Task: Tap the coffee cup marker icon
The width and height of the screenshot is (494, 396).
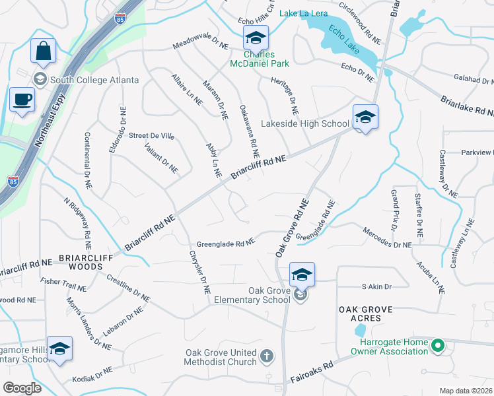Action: (x=21, y=101)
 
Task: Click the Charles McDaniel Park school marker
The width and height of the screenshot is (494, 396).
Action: (x=256, y=39)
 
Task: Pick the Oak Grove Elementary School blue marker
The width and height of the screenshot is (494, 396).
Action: (x=301, y=275)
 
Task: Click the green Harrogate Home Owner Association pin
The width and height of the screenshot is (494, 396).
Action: (x=437, y=345)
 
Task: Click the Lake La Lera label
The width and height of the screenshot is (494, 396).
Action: (x=303, y=13)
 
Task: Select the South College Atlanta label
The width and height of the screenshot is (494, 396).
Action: (x=94, y=80)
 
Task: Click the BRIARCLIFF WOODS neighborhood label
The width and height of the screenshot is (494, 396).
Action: (x=81, y=262)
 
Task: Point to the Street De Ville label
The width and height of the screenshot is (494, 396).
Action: (x=151, y=136)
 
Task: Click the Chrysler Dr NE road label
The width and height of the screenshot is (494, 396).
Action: (x=199, y=271)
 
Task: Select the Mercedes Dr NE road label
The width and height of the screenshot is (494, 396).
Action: (x=387, y=238)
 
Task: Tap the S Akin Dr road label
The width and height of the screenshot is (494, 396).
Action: (x=376, y=286)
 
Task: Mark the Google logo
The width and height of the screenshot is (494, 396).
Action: (x=22, y=388)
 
